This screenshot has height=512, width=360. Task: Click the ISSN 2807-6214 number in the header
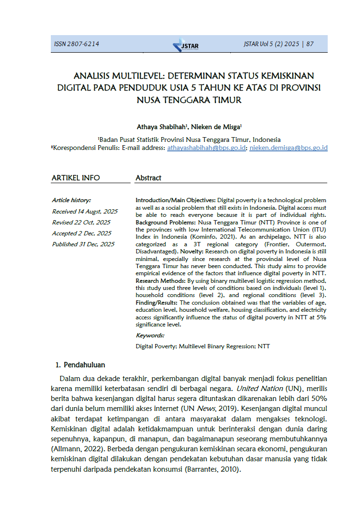[x=76, y=44]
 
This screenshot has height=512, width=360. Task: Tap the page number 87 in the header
[x=310, y=44]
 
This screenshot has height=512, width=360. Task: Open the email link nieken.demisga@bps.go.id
[x=288, y=148]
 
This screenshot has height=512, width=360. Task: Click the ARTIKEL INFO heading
[x=76, y=178]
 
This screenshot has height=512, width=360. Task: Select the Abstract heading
[x=148, y=178]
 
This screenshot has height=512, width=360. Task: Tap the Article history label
[x=71, y=200]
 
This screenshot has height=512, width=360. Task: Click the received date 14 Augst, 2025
[x=85, y=212]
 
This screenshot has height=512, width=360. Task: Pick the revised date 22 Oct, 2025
[x=81, y=223]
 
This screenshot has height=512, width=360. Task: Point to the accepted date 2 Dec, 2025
[x=82, y=233]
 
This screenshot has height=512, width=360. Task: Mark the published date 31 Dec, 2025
[x=83, y=244]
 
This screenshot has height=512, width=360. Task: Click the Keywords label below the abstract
[x=150, y=335]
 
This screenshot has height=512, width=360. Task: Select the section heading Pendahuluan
[x=84, y=365]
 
